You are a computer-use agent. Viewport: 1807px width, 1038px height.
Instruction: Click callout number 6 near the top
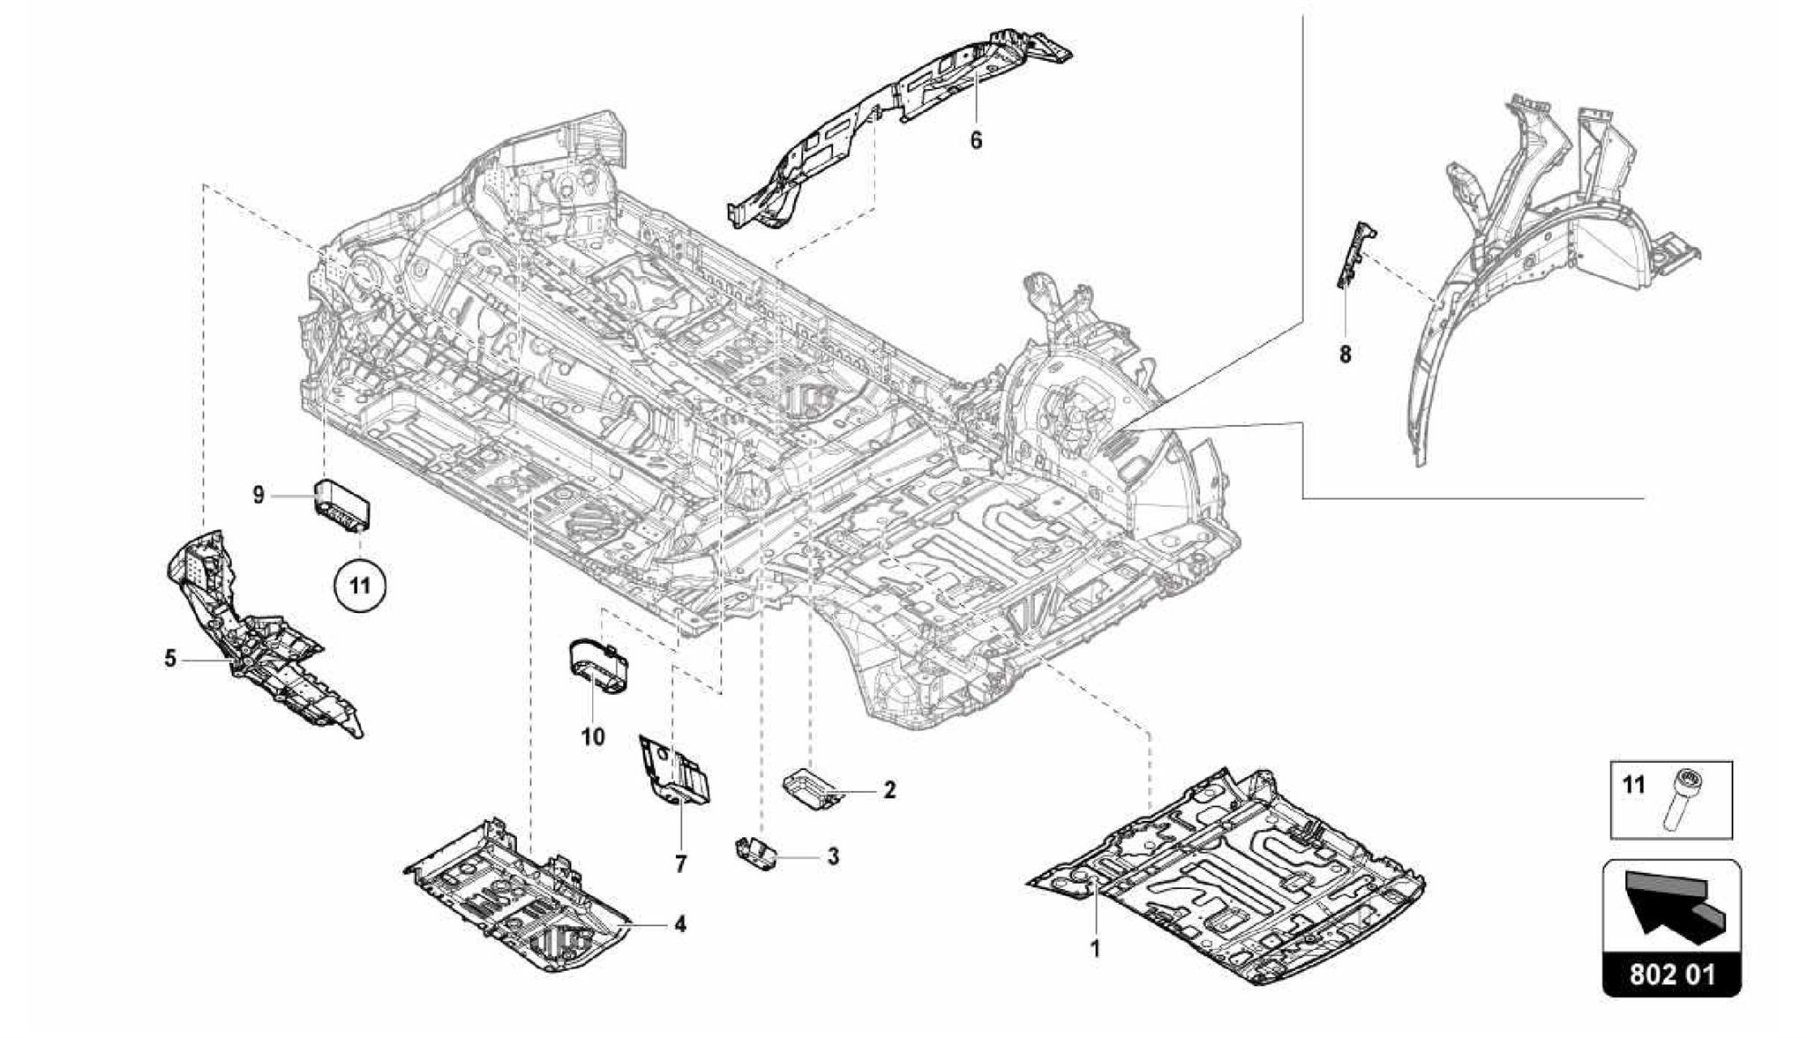[x=976, y=140]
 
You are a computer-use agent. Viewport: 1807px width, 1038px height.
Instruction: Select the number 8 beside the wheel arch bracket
[x=1345, y=355]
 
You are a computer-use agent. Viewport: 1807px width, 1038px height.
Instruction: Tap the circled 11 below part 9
[x=360, y=585]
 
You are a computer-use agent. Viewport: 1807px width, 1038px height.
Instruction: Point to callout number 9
[x=259, y=496]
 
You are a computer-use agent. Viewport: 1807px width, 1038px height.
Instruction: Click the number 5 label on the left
[x=170, y=659]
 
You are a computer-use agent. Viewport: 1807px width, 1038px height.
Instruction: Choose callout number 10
[x=593, y=736]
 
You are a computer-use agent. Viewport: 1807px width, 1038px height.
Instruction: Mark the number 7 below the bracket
[x=680, y=865]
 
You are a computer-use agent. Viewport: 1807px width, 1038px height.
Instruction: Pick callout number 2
[x=889, y=790]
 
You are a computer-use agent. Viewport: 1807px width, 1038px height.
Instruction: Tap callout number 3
[x=832, y=855]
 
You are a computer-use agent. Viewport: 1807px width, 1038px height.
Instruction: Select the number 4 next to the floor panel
[x=680, y=924]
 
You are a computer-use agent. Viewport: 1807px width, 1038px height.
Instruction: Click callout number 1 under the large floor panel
[x=1095, y=950]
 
